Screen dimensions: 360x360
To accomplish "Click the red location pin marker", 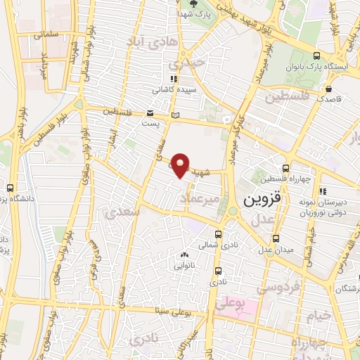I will pyautogui.click(x=181, y=165).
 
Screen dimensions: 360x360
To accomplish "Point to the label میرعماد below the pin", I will pyautogui.click(x=204, y=202).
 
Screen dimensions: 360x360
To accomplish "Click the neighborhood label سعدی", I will pyautogui.click(x=120, y=210).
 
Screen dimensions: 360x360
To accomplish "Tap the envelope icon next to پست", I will pyautogui.click(x=150, y=112).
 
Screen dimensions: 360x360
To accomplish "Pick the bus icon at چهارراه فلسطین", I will pyautogui.click(x=285, y=168).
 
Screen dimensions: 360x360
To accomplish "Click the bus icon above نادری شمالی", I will pyautogui.click(x=218, y=235).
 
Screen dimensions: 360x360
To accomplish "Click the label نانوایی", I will pyautogui.click(x=184, y=266).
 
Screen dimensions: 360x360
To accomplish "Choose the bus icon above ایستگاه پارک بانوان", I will pyautogui.click(x=317, y=58).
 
